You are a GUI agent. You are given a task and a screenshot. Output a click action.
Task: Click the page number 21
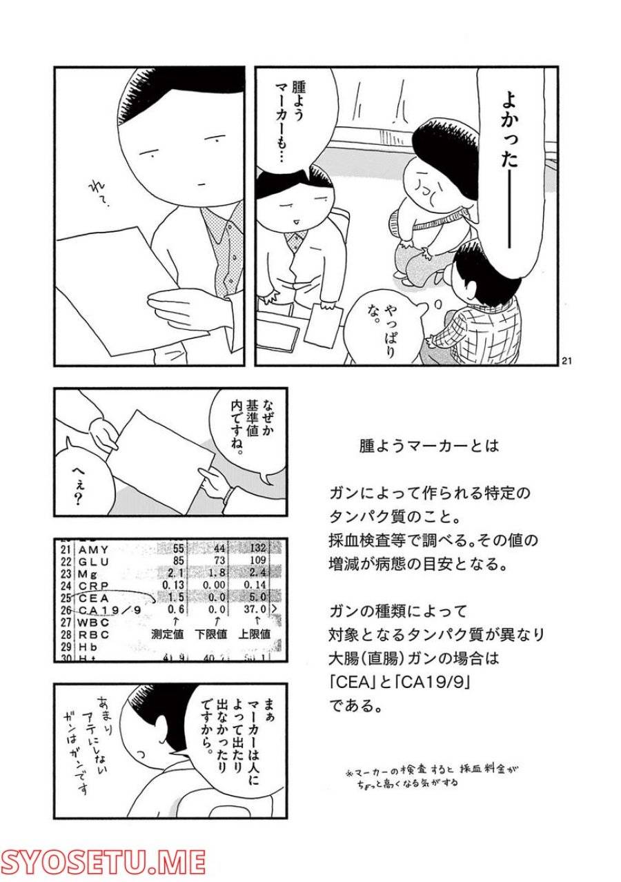pyautogui.click(x=567, y=360)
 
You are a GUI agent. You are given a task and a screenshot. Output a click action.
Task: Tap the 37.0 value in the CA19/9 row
pyautogui.click(x=255, y=609)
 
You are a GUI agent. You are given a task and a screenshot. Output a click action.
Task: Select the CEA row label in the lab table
pyautogui.click(x=94, y=597)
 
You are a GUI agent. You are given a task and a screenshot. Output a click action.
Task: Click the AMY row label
pyautogui.click(x=95, y=549)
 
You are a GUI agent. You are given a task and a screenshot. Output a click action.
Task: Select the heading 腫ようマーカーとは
pyautogui.click(x=428, y=446)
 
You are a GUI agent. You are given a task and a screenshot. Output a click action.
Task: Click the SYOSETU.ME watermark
pyautogui.click(x=103, y=861)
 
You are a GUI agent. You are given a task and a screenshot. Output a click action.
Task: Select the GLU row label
pyautogui.click(x=95, y=561)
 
